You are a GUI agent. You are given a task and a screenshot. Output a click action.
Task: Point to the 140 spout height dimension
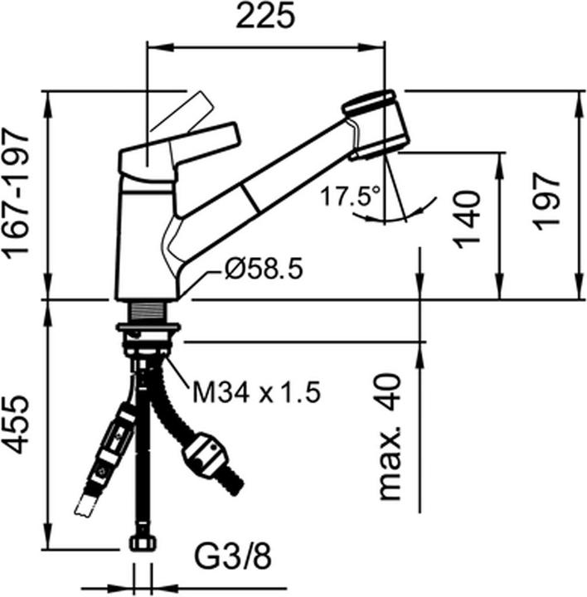[467, 219]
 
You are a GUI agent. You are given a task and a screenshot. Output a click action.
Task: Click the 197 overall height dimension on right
[546, 201]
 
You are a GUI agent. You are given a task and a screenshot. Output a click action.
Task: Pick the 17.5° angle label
[350, 197]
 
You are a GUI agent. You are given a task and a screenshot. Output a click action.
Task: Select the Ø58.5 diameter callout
[264, 269]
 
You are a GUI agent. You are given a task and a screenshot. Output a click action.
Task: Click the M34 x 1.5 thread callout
[256, 392]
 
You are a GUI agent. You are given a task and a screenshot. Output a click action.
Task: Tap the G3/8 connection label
[233, 557]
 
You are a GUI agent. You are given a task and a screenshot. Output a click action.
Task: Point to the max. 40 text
[389, 436]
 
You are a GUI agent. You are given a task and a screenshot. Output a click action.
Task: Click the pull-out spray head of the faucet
[376, 124]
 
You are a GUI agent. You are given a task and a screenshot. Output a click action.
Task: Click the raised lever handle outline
[182, 111]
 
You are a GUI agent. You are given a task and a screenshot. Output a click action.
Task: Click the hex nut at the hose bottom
[143, 542]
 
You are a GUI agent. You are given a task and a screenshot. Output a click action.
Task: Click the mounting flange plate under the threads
[148, 327]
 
